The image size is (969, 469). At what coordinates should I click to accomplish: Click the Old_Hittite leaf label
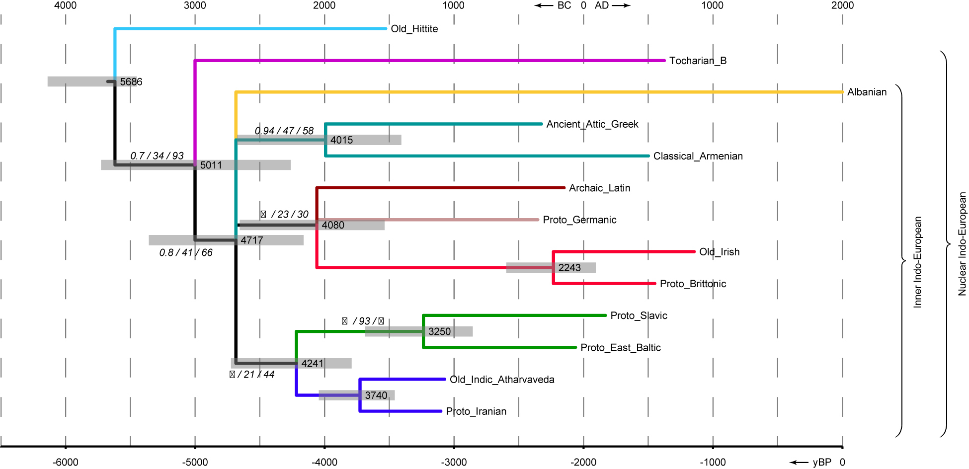(x=414, y=29)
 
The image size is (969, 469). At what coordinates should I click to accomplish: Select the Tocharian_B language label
(x=698, y=61)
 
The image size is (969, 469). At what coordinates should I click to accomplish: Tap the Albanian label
(x=867, y=92)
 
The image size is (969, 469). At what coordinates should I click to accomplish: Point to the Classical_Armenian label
(x=698, y=156)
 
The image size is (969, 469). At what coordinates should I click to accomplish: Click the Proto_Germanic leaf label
(x=579, y=220)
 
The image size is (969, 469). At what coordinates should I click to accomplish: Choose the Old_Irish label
(x=719, y=252)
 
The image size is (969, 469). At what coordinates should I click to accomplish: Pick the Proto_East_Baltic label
(x=620, y=347)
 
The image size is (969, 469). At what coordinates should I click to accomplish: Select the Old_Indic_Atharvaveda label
(x=502, y=380)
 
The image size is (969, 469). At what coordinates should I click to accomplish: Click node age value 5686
(x=131, y=81)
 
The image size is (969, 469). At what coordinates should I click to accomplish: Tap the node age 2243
(x=569, y=268)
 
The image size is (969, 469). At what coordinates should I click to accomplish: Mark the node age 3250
(x=439, y=331)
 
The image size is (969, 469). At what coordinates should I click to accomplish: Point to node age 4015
(x=341, y=140)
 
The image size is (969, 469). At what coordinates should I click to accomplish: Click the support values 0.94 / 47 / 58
(x=284, y=131)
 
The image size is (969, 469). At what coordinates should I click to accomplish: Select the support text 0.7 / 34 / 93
(x=157, y=156)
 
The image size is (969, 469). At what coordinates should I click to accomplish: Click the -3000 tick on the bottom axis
(x=454, y=463)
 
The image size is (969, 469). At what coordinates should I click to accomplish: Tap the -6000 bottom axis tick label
(x=66, y=463)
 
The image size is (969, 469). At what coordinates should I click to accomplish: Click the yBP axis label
(x=822, y=463)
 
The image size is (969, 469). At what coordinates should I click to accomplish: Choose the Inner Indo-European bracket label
(x=917, y=262)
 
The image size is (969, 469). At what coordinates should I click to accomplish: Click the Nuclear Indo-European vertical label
(x=962, y=244)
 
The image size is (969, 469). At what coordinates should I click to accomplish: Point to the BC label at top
(x=564, y=5)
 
